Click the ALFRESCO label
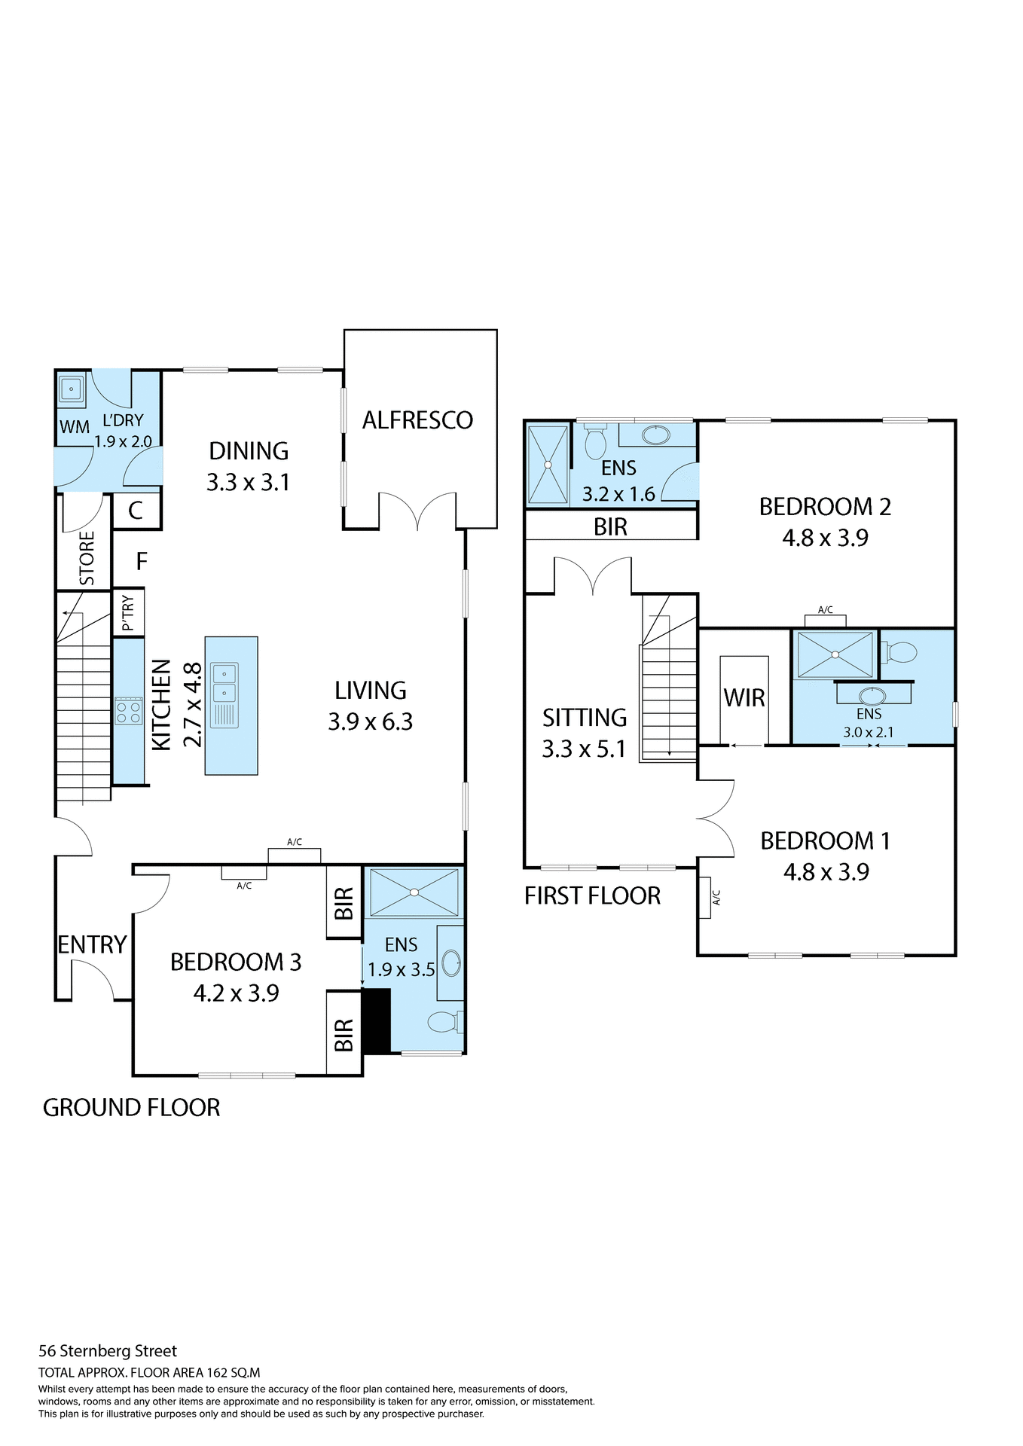pos(417,420)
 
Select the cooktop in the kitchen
pos(129,711)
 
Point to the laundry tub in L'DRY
pos(72,389)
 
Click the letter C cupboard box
pos(136,511)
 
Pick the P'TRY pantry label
pos(128,612)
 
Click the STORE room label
pos(87,558)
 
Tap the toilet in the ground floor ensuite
pos(444,1022)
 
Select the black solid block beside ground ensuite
pos(376,1020)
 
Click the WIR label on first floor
pos(744,698)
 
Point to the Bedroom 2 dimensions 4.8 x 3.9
pos(825,538)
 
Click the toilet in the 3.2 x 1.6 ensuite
pos(595,442)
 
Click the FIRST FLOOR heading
pos(592,895)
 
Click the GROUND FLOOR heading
pos(131,1107)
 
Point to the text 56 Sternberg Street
pos(108,1350)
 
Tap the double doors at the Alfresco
pos(417,512)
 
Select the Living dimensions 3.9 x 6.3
pos(370,721)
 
